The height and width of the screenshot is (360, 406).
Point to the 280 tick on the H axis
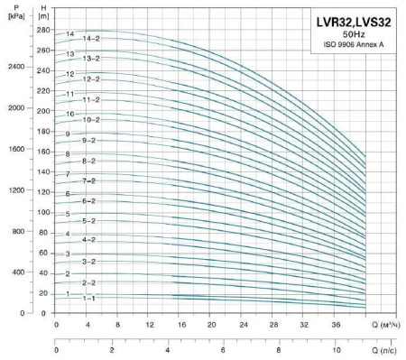click(42, 31)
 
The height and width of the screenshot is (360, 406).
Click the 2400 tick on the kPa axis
click(13, 67)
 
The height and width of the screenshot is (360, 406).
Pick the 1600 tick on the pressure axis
click(13, 150)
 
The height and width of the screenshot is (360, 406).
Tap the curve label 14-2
click(90, 39)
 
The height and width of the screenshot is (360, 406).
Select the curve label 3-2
click(88, 261)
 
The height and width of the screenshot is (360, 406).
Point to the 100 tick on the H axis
click(42, 212)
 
